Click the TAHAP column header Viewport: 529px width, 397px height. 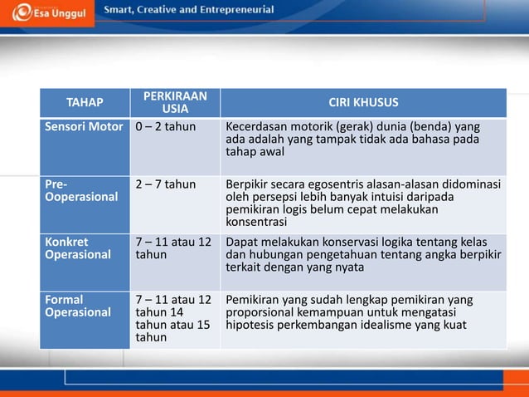(85, 102)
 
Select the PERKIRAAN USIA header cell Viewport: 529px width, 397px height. (174, 102)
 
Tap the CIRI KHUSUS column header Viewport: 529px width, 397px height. (363, 102)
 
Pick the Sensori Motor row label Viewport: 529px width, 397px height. (84, 126)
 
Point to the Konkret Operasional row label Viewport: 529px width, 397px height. (77, 248)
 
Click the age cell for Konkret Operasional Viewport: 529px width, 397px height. (172, 248)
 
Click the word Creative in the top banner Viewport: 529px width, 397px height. (166, 10)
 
